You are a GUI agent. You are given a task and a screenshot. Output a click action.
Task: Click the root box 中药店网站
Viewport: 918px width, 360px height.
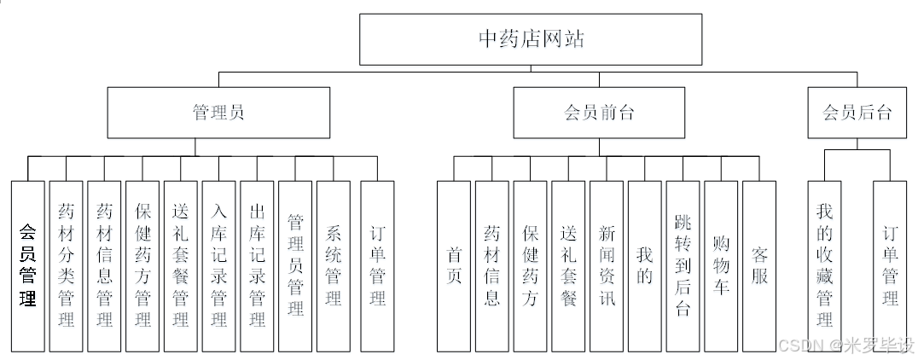532,39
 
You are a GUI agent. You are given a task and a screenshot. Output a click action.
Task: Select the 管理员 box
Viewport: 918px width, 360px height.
218,113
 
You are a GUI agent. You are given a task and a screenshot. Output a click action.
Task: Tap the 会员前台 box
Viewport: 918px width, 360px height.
599,113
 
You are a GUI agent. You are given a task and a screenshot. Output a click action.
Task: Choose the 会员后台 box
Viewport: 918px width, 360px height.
857,113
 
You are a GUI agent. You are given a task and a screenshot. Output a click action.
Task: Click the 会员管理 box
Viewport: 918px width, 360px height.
27,265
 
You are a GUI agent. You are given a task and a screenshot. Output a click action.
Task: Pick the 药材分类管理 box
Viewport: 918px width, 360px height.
66,265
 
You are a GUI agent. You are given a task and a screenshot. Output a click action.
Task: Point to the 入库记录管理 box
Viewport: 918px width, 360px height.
218,265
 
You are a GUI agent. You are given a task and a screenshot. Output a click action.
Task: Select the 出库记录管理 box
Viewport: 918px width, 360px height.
257,265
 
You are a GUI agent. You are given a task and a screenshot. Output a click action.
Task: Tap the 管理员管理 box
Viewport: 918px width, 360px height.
295,265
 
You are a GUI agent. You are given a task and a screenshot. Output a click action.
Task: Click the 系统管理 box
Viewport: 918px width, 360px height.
333,265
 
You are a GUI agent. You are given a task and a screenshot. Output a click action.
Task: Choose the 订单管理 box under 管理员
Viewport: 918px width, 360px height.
377,265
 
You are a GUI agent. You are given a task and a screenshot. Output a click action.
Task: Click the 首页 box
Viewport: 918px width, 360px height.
454,265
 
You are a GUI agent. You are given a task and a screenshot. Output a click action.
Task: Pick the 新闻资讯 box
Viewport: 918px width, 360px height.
607,265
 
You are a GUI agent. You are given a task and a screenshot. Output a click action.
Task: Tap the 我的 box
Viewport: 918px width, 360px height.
645,265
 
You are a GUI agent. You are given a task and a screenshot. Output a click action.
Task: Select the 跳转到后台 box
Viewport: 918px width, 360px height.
683,265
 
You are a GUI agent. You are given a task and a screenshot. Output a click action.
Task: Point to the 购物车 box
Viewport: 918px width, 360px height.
721,265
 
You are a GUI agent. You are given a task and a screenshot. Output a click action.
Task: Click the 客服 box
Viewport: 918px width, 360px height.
759,265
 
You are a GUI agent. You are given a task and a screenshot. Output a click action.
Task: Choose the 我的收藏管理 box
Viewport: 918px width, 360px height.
824,265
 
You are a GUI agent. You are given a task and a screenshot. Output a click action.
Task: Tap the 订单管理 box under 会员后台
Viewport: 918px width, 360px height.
890,265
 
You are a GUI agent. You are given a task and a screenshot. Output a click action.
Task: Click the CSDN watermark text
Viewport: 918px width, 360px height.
797,345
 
